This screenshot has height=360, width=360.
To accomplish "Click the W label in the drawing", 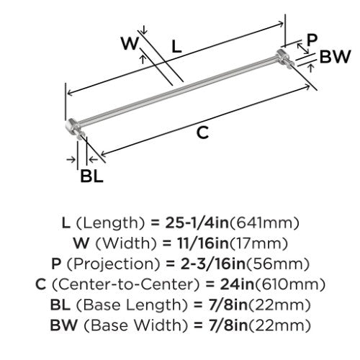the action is [x=130, y=43].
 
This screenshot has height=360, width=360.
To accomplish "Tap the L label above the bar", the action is [x=176, y=47].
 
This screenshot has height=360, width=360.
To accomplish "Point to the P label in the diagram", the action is [x=312, y=40].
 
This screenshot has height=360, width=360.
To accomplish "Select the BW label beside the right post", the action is [x=336, y=57].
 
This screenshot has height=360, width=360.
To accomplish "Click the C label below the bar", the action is [x=202, y=132].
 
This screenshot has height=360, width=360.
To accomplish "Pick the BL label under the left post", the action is [x=91, y=176].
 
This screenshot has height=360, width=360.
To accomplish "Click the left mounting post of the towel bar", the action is [x=74, y=128].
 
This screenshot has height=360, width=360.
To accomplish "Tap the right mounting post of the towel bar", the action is [x=284, y=59].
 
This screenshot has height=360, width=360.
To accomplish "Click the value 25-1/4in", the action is [x=197, y=222].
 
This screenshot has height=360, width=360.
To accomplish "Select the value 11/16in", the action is [x=203, y=243].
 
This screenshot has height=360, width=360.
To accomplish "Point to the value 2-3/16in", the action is [x=214, y=264].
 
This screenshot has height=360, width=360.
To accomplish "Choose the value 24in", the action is [x=237, y=284].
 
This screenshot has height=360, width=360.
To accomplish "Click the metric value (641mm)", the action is [x=264, y=223].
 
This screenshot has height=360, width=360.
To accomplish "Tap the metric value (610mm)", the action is [x=290, y=284].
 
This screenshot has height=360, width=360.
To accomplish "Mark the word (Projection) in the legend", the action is [x=113, y=264].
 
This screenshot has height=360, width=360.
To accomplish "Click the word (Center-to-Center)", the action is [x=126, y=284].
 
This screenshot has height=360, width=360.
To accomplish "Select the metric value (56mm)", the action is [x=278, y=264].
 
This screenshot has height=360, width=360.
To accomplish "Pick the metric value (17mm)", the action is [x=258, y=243].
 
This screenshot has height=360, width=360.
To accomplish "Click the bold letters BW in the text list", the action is [x=64, y=325].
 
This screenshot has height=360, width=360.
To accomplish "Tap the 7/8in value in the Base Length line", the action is [x=228, y=305].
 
